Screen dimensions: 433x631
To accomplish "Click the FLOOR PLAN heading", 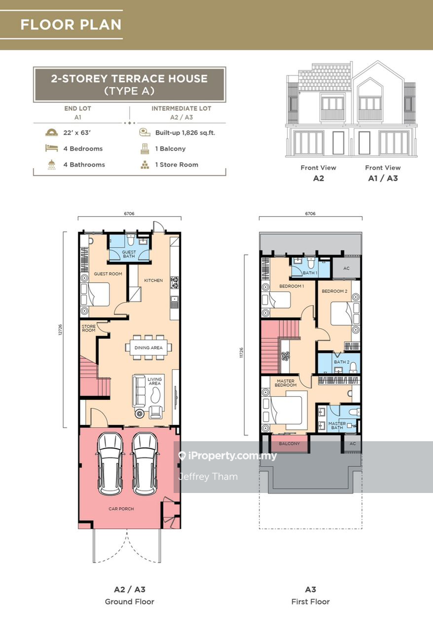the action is click(x=71, y=25).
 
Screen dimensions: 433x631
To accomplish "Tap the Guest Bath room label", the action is click(x=129, y=254).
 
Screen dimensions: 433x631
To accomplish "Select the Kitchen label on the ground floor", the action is click(x=153, y=280).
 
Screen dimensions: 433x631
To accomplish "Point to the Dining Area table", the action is click(x=149, y=348).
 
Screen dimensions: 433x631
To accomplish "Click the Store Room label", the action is click(x=88, y=328).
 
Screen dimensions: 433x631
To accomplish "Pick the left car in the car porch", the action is click(x=110, y=464).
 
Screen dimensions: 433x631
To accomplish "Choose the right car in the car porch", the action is click(x=145, y=464).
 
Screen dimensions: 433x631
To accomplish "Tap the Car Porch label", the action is click(x=121, y=509).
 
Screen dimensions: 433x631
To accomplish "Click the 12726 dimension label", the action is click(x=60, y=330).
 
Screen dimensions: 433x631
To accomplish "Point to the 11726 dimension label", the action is click(x=241, y=352).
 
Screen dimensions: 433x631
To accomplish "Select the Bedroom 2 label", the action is click(x=334, y=291).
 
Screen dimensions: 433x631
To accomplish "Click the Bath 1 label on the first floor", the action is click(x=310, y=273).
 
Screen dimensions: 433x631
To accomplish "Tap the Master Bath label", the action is click(x=337, y=426).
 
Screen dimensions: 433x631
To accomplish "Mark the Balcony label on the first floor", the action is click(x=289, y=444).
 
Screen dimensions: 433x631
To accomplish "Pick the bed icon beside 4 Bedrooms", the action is click(x=52, y=148).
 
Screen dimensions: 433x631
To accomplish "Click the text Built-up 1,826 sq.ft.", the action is click(x=185, y=133).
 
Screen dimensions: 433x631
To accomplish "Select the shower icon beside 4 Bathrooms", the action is click(x=52, y=165).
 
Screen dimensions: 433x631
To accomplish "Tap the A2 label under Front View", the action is click(x=318, y=178).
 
